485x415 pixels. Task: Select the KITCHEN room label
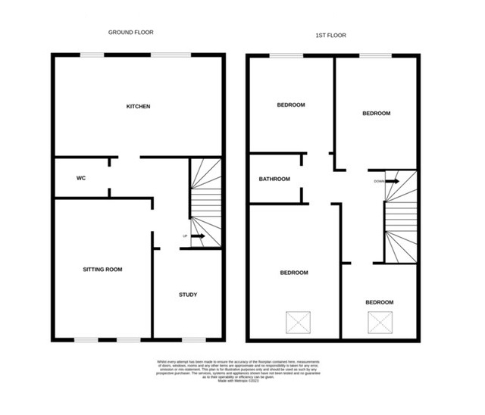coord(138,107)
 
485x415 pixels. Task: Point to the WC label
coord(80,179)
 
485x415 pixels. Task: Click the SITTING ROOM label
coord(102,269)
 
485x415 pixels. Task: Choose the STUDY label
coord(188,295)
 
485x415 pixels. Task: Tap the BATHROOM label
coord(274,179)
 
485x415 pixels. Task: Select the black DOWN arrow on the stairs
coord(391,181)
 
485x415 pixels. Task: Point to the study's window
coord(187,339)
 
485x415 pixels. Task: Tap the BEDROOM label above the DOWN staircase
coord(376,114)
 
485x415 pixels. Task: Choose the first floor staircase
coord(399,220)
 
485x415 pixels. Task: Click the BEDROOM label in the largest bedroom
coord(294,273)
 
